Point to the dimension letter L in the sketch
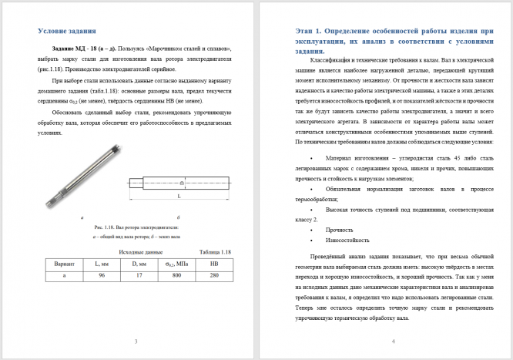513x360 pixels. (179, 197)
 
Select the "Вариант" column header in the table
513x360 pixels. (63, 264)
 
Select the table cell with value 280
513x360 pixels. (215, 274)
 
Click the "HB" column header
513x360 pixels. (215, 264)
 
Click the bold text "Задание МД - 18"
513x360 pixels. (75, 48)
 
